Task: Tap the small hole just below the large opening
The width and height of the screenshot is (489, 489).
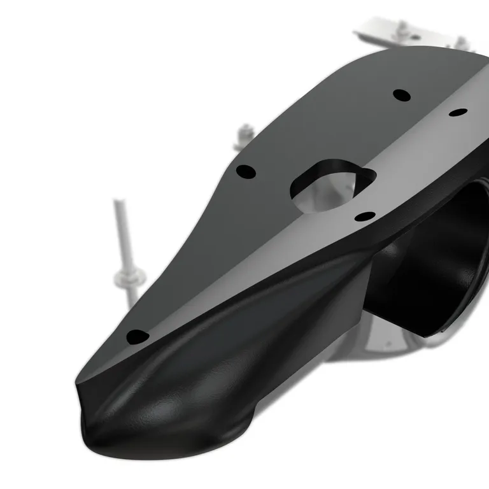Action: click(x=364, y=216)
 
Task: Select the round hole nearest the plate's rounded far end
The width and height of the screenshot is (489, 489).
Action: click(x=401, y=95)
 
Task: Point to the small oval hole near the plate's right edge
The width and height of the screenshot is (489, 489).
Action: click(x=458, y=113)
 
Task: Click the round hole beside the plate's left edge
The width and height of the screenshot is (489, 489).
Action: click(x=246, y=171)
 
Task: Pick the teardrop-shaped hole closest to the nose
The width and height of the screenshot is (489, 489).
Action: click(x=137, y=336)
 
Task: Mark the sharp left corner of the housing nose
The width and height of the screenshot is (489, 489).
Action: click(x=78, y=382)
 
